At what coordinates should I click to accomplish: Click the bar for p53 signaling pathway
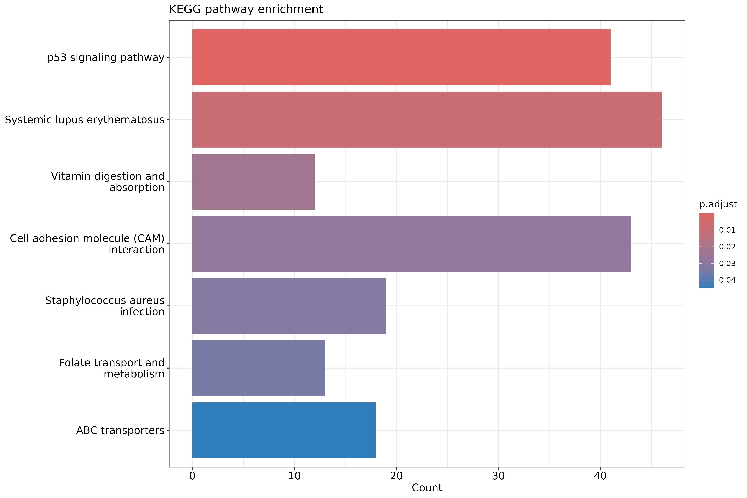401,57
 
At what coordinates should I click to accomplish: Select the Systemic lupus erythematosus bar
427,120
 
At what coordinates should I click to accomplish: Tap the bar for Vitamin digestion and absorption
253,182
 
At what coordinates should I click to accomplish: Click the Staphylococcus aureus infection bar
289,306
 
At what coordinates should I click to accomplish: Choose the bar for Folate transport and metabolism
259,368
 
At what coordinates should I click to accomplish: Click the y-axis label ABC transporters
120,430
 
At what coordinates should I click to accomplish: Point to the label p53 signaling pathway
106,57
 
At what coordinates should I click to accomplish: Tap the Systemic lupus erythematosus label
84,120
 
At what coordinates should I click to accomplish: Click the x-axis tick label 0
192,476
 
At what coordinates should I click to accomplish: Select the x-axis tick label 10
294,476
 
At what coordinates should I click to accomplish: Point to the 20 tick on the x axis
396,476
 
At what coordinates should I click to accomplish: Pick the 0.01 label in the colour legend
727,230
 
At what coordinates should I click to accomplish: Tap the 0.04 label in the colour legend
727,280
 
